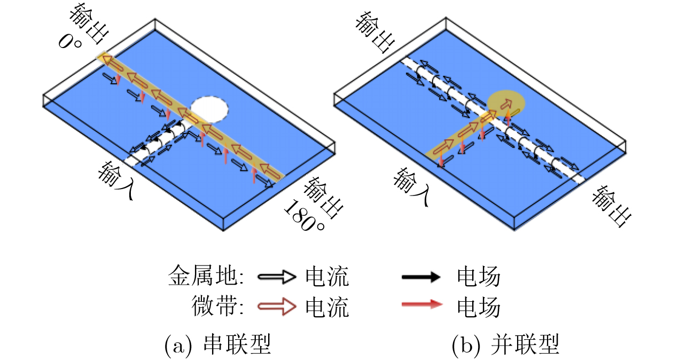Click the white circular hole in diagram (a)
[x=209, y=109]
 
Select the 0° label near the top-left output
[x=69, y=42]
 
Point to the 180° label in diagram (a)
[x=303, y=216]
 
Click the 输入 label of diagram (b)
[x=411, y=186]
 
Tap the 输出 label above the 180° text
[x=323, y=197]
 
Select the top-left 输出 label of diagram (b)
[x=375, y=32]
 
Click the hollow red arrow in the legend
[x=277, y=307]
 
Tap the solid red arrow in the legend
[x=422, y=304]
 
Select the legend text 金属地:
[x=206, y=276]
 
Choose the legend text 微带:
[x=217, y=306]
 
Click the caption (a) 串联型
[x=217, y=345]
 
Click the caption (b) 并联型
[x=505, y=345]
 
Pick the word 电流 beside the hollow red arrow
[x=327, y=307]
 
